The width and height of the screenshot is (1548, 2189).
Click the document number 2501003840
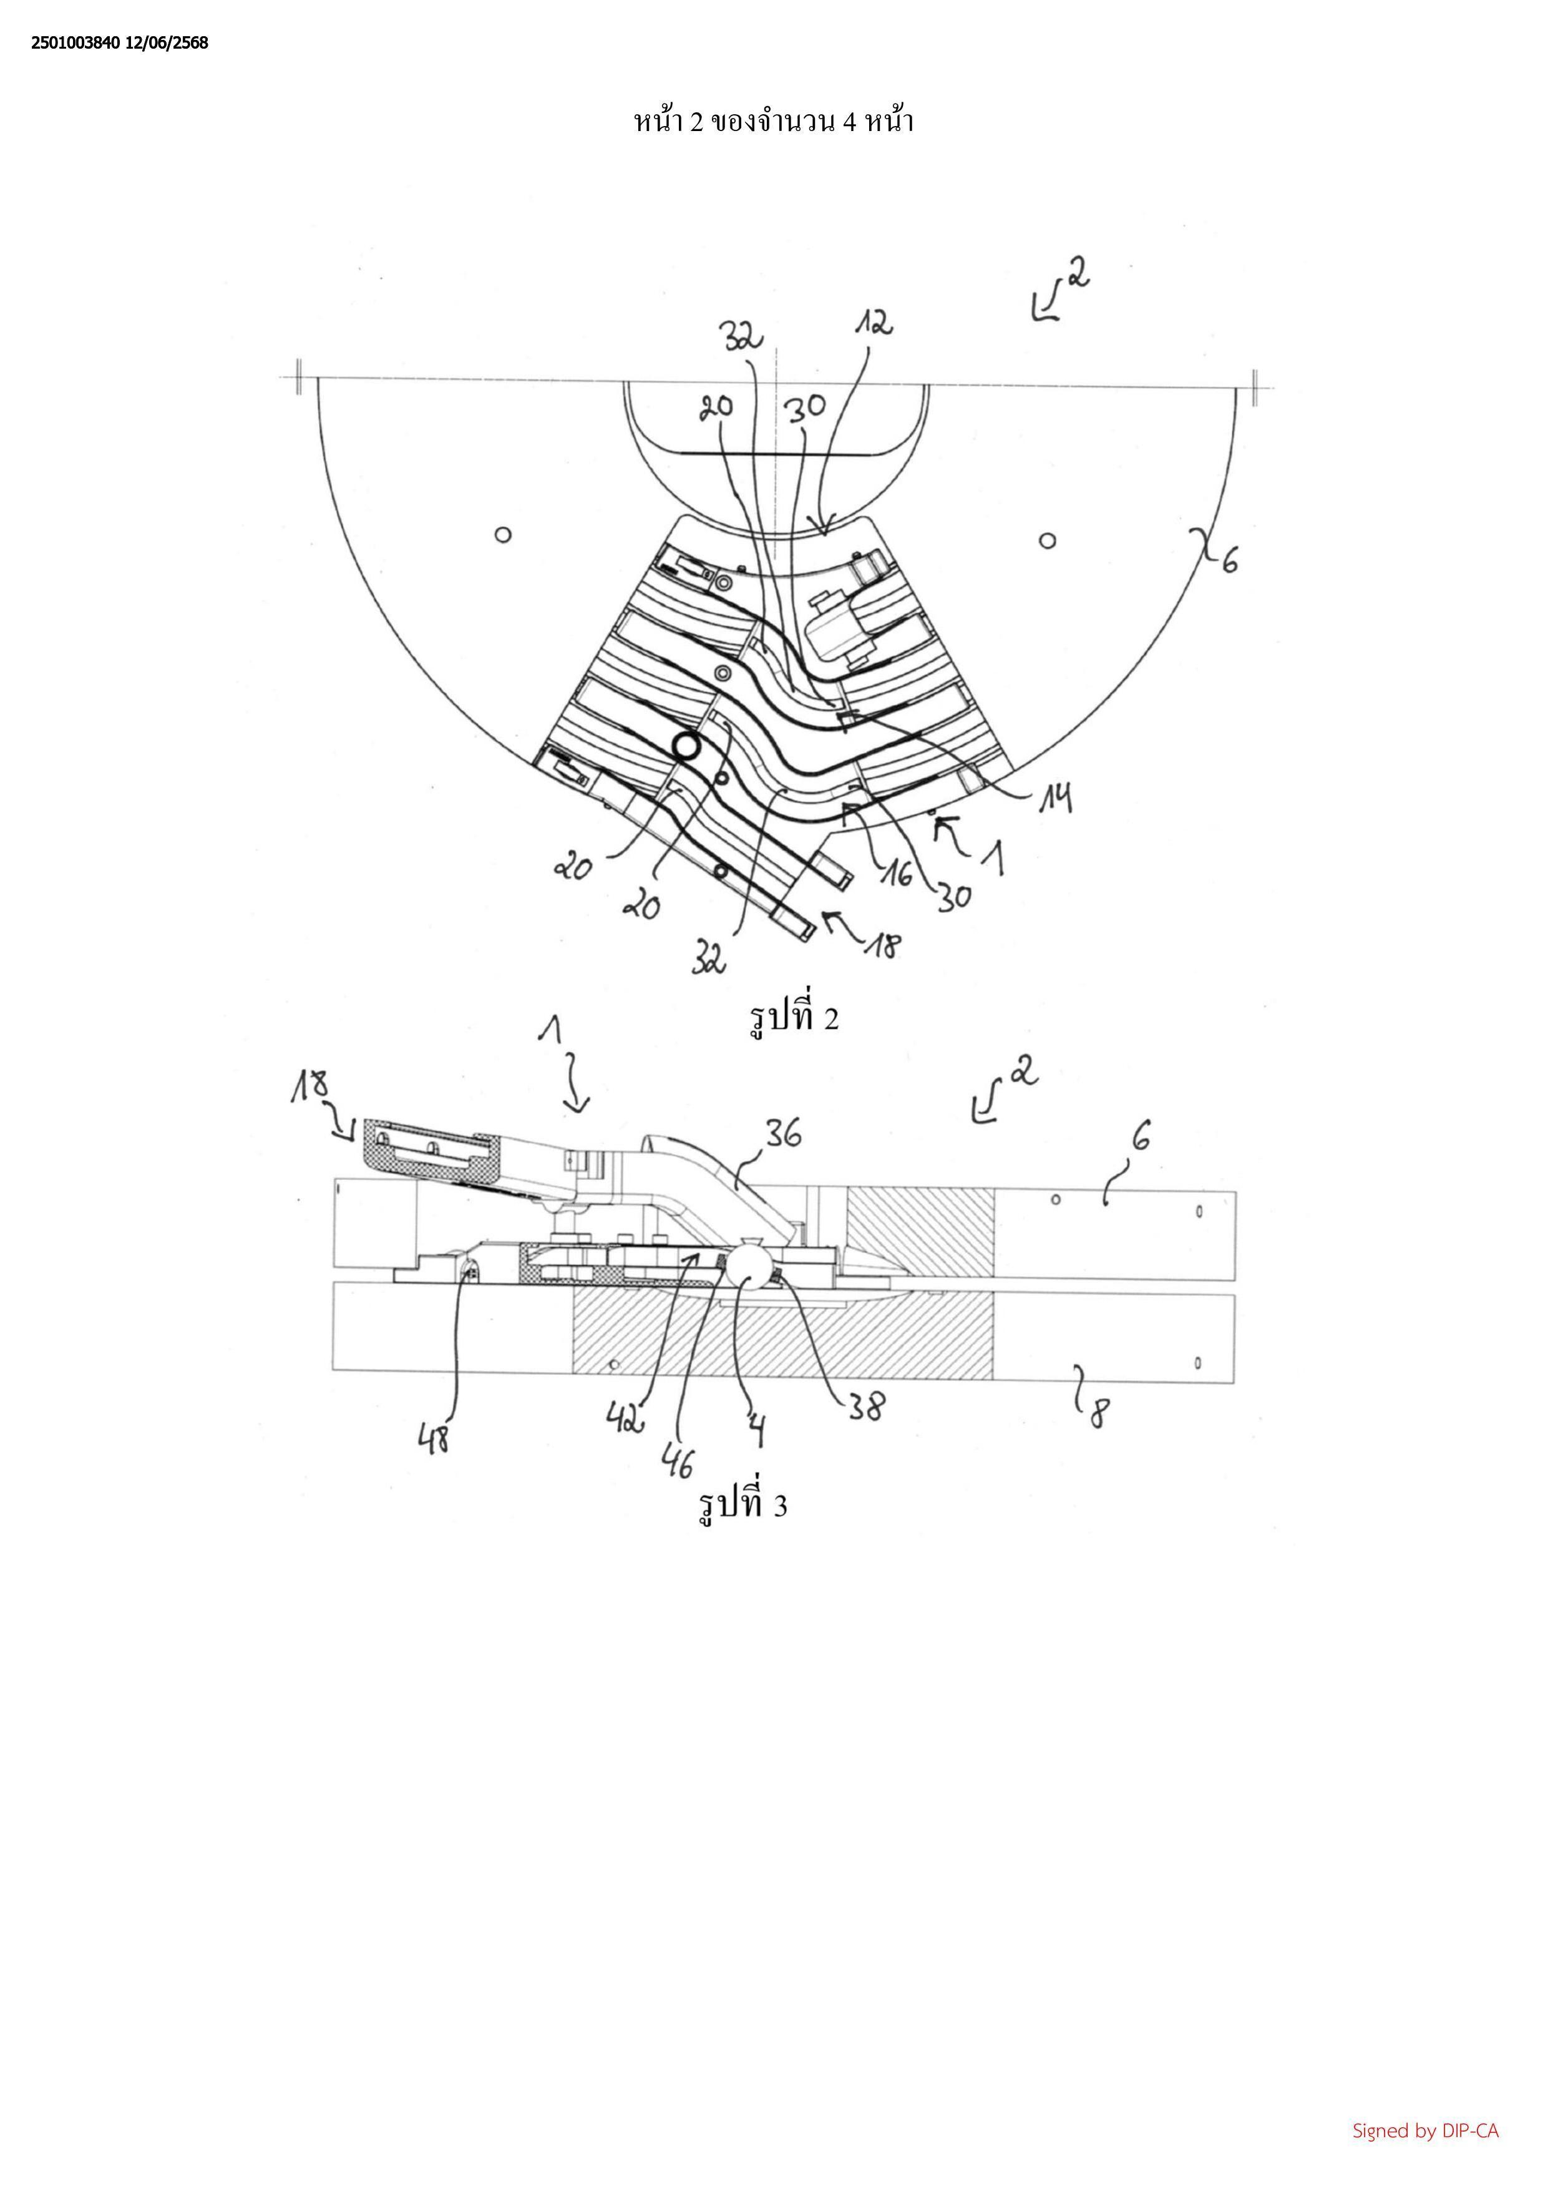[75, 43]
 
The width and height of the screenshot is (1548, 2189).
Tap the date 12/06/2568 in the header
[167, 43]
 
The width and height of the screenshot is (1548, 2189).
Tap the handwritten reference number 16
[896, 871]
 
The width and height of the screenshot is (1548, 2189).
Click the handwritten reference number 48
[435, 1437]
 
